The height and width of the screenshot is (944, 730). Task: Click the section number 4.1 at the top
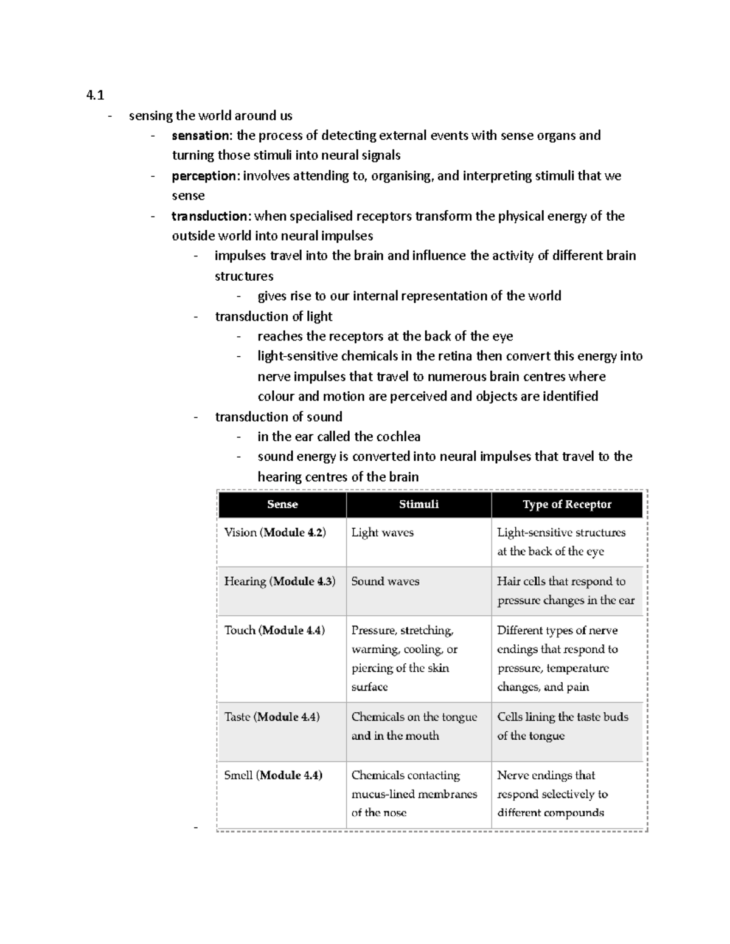pyautogui.click(x=95, y=95)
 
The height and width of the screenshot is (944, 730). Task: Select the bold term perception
pyautogui.click(x=204, y=176)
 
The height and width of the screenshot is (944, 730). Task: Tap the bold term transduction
pyautogui.click(x=209, y=216)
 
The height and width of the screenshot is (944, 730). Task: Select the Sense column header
pyautogui.click(x=282, y=505)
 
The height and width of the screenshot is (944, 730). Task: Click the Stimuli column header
pyautogui.click(x=419, y=505)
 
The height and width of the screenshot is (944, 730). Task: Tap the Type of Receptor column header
pyautogui.click(x=567, y=505)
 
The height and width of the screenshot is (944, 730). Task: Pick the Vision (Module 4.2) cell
pyautogui.click(x=275, y=532)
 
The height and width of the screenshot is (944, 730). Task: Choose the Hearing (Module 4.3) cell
pyautogui.click(x=279, y=581)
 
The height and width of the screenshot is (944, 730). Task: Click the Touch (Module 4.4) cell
pyautogui.click(x=274, y=630)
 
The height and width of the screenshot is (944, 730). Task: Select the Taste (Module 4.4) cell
pyautogui.click(x=272, y=717)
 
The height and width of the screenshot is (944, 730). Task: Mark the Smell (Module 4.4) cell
pyautogui.click(x=273, y=775)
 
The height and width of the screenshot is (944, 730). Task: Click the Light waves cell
pyautogui.click(x=382, y=532)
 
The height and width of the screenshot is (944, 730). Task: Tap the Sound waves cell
pyautogui.click(x=385, y=581)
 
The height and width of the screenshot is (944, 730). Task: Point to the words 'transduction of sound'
pyautogui.click(x=279, y=417)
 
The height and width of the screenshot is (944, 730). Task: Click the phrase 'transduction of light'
pyautogui.click(x=274, y=317)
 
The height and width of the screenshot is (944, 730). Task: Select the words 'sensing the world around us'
pyautogui.click(x=210, y=115)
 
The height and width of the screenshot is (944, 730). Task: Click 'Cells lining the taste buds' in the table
pyautogui.click(x=563, y=717)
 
